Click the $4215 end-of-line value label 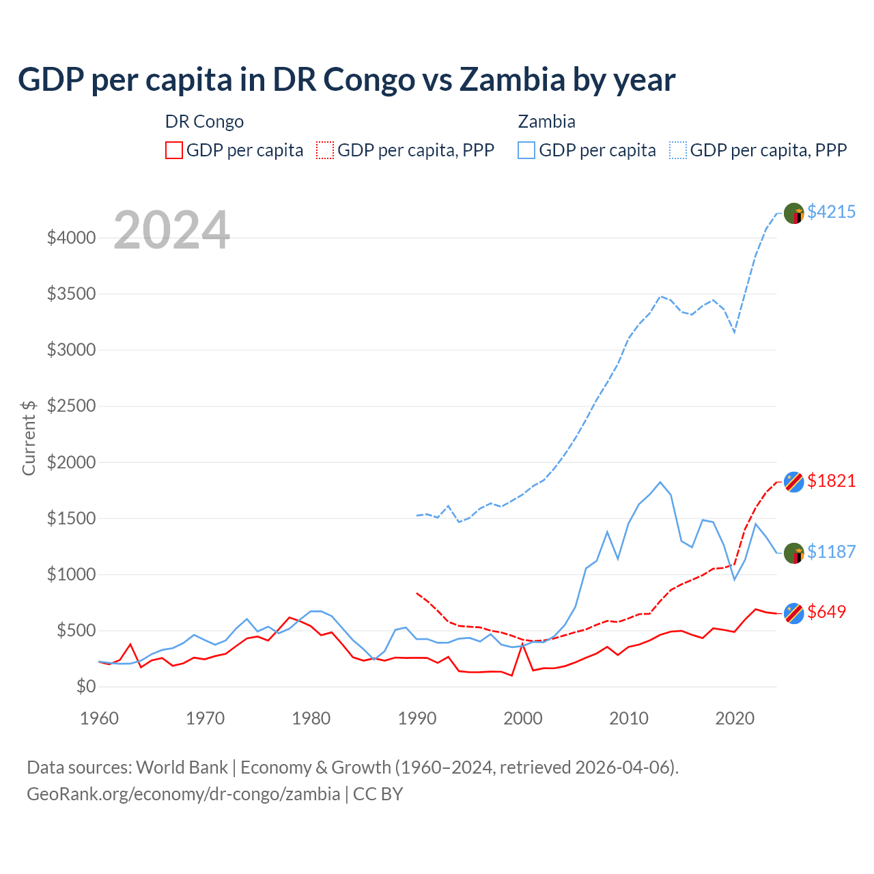[x=831, y=212]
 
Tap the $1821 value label [x=831, y=481]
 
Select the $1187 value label [x=831, y=552]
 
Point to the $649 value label [x=826, y=612]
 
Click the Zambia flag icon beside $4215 [x=793, y=213]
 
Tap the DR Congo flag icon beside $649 [x=793, y=613]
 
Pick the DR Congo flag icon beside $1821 [x=793, y=481]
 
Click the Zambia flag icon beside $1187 [x=793, y=553]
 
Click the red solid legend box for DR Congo [x=174, y=150]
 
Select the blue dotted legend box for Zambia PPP [x=678, y=150]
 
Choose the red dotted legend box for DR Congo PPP [x=326, y=150]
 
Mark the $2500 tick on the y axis [x=71, y=406]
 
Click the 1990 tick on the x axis [x=417, y=718]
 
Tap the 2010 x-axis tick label [x=629, y=718]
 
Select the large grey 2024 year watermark [x=171, y=230]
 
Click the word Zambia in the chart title [x=512, y=80]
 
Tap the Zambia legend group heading [x=546, y=122]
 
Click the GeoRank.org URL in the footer [x=183, y=794]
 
